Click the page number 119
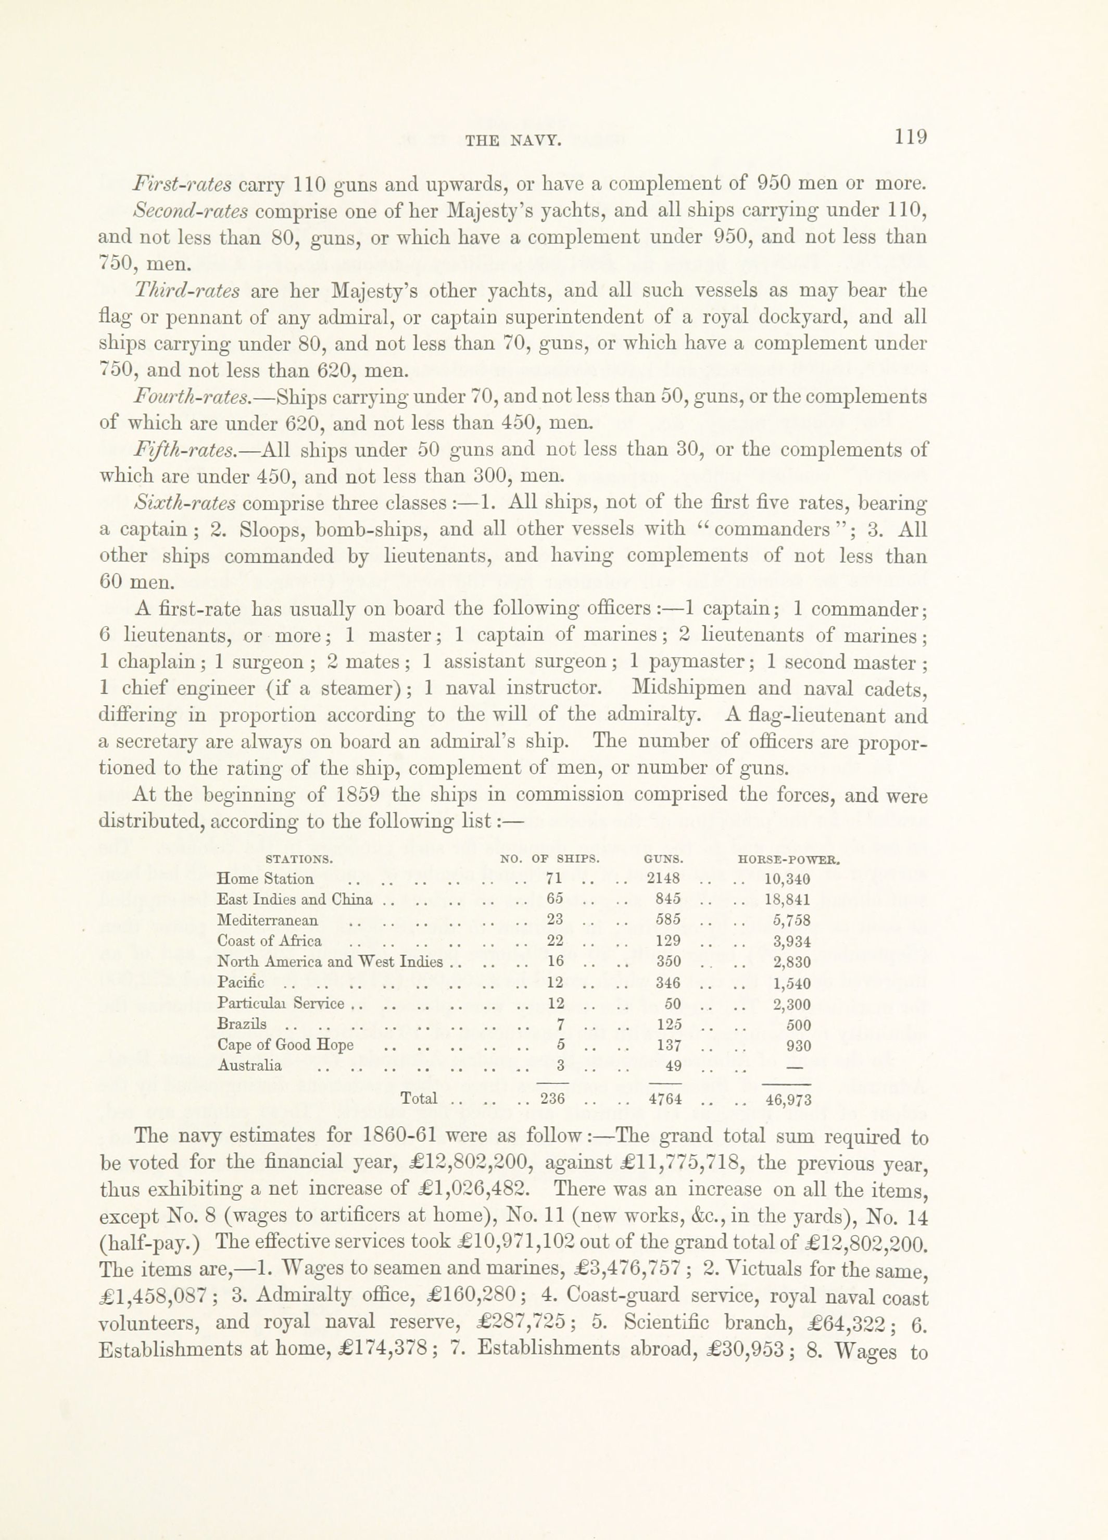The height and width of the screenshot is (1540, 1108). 910,137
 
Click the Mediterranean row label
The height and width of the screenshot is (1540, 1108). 267,921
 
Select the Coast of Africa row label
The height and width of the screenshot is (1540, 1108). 269,942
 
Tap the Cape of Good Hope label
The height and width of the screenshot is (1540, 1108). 286,1045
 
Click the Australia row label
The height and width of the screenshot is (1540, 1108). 250,1065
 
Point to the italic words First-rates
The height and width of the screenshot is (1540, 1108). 183,184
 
